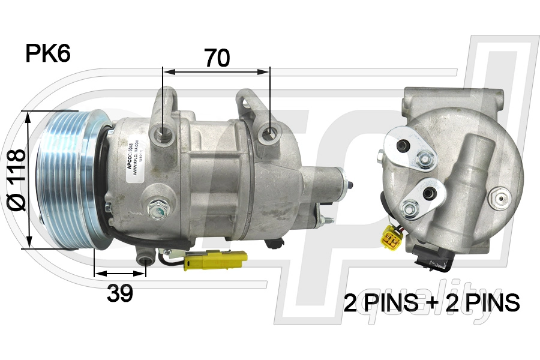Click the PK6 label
tap(48, 53)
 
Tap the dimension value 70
tap(217, 58)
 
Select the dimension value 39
tap(119, 293)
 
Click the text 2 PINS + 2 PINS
tap(431, 303)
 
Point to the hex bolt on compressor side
tap(160, 209)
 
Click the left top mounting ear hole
tap(163, 132)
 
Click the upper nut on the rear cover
tap(425, 159)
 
